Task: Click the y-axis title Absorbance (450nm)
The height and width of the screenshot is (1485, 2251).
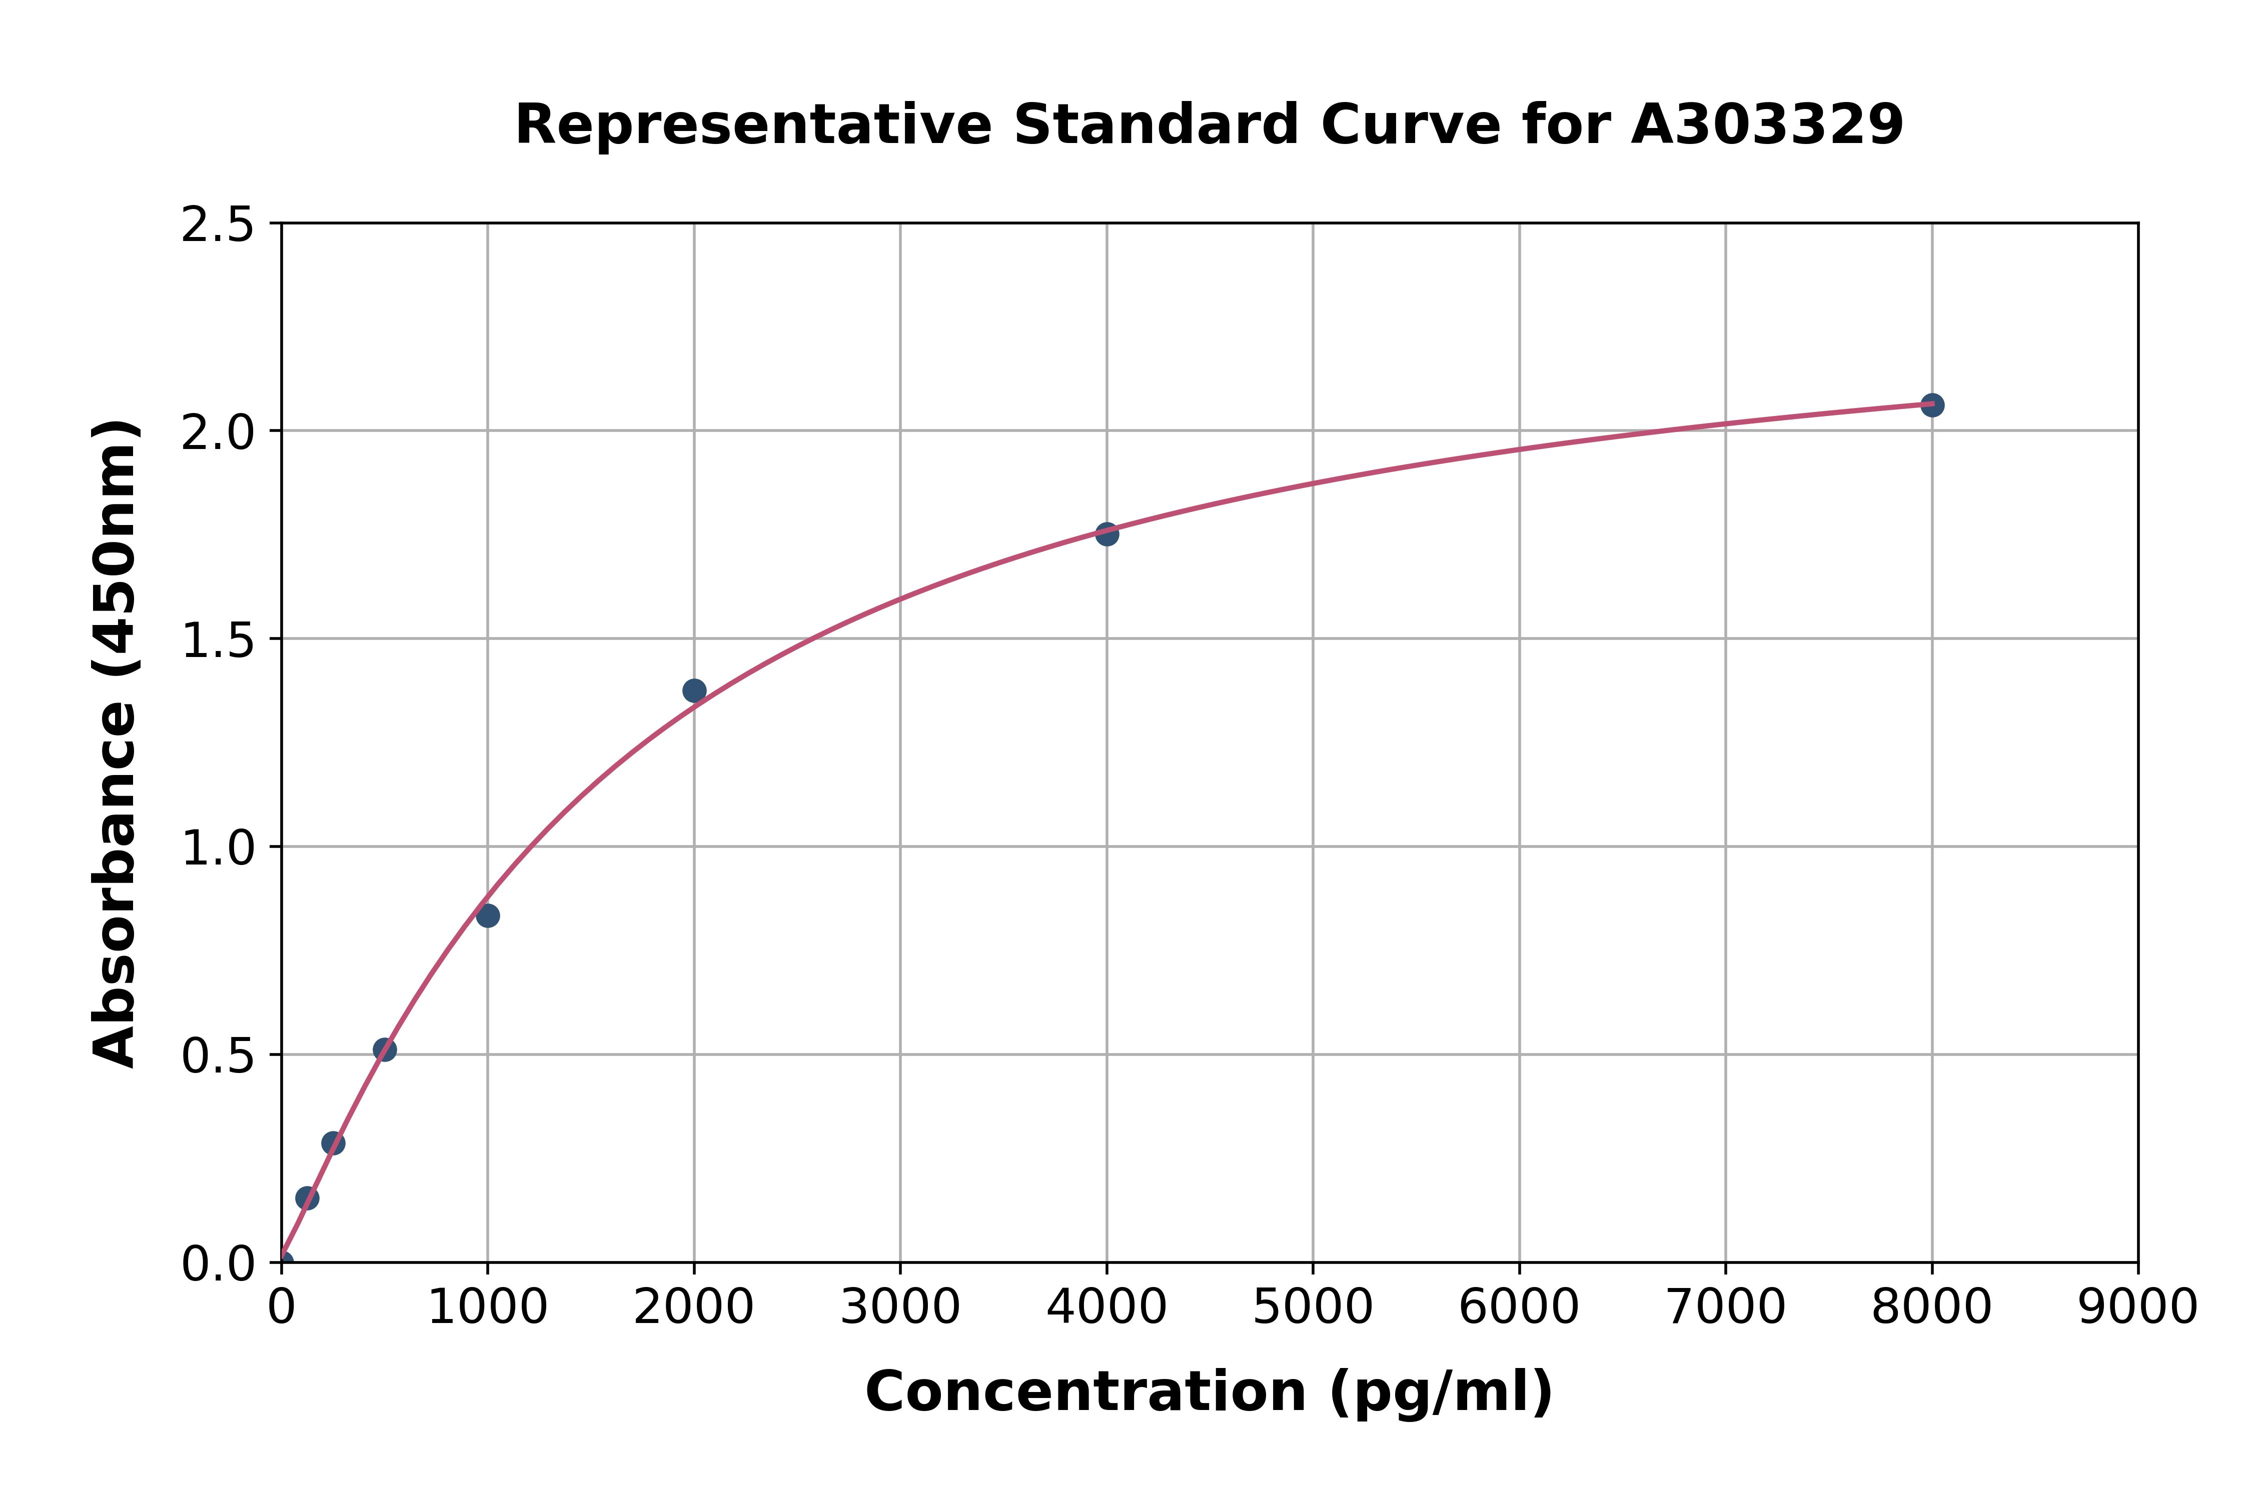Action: [116, 743]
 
